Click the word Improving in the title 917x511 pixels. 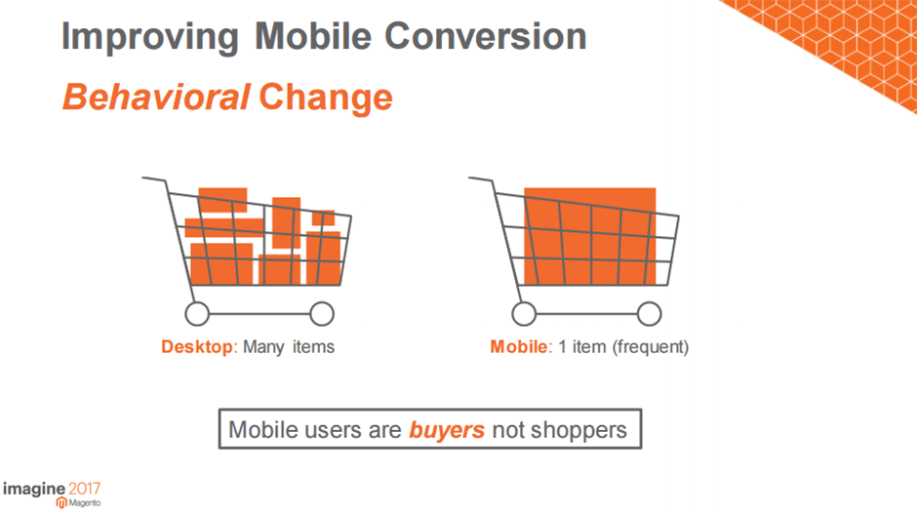149,38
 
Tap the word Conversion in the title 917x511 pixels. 486,36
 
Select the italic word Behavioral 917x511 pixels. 156,97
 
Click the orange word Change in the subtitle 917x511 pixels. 326,98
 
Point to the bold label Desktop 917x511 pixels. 197,347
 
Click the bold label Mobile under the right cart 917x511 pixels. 519,347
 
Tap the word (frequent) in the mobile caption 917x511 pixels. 651,347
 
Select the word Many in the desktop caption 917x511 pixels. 263,347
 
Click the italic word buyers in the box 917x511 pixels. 446,430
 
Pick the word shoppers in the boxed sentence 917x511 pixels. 578,431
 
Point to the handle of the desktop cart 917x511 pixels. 154,178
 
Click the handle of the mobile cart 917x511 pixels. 481,178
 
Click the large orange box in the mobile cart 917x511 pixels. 589,236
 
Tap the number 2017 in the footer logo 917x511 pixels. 85,489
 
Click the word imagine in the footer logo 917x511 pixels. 34,490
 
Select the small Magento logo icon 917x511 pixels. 61,503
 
